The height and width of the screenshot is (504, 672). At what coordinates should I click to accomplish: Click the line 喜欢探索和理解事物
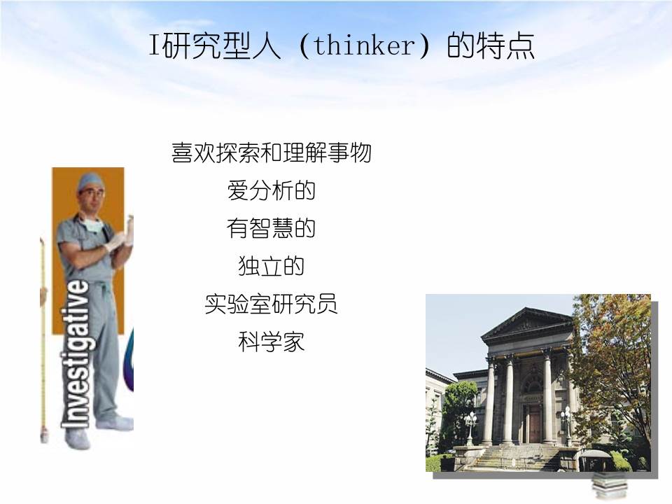tap(271, 153)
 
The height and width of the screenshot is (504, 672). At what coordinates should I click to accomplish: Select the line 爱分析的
tap(271, 190)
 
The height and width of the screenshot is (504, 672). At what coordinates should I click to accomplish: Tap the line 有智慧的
tap(271, 228)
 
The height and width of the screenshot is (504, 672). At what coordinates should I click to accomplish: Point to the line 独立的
tap(271, 266)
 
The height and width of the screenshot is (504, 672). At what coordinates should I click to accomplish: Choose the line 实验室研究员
tap(271, 304)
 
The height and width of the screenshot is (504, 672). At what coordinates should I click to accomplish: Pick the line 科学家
tap(271, 343)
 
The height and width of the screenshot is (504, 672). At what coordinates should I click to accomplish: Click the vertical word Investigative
tap(77, 353)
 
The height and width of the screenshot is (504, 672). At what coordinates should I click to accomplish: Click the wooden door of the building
tap(534, 423)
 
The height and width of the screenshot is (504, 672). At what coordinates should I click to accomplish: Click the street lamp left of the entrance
tap(470, 421)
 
